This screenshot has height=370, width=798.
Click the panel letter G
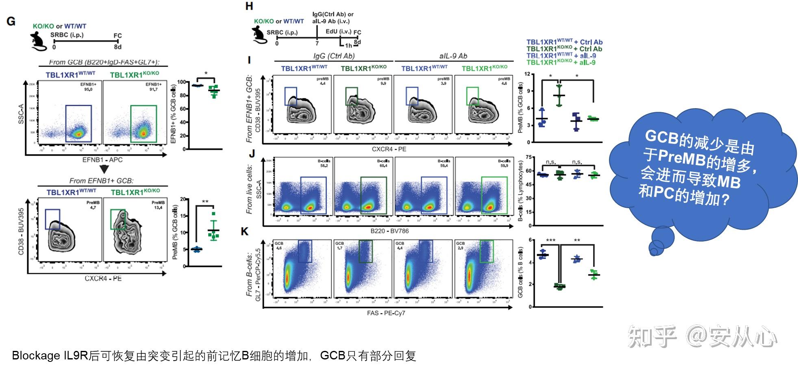(x=11, y=22)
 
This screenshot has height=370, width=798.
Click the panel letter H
(x=249, y=6)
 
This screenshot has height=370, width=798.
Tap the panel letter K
(x=245, y=231)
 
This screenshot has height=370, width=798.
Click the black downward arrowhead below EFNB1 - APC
(x=104, y=169)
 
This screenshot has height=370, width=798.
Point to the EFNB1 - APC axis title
(x=102, y=160)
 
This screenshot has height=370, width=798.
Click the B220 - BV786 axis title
(x=389, y=231)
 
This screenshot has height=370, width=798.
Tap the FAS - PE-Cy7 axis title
(x=386, y=313)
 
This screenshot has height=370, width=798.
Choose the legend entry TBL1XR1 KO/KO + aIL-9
(x=561, y=62)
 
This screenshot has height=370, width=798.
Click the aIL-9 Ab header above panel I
(x=453, y=56)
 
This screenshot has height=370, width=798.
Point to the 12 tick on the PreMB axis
(x=527, y=74)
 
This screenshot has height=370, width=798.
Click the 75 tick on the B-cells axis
(x=528, y=157)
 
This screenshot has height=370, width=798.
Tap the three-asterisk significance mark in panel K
(x=550, y=241)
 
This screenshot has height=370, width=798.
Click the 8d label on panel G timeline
(x=117, y=47)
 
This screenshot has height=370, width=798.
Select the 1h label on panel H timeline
(x=348, y=45)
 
